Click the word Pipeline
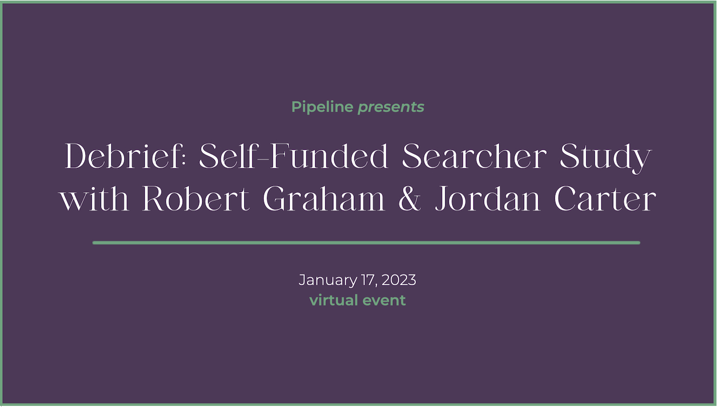coord(322,107)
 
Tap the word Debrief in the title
coord(123,156)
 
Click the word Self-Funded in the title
coord(293,156)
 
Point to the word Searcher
coord(474,156)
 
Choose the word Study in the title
coord(606,158)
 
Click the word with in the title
coord(95,198)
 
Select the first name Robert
coord(196,198)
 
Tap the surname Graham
coord(324,198)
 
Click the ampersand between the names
coord(410,198)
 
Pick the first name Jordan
coord(487,198)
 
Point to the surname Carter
coord(605,199)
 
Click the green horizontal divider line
coord(366,243)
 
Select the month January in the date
coord(328,280)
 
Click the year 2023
coord(399,280)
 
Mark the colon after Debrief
coord(184,160)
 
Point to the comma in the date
coord(377,285)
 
